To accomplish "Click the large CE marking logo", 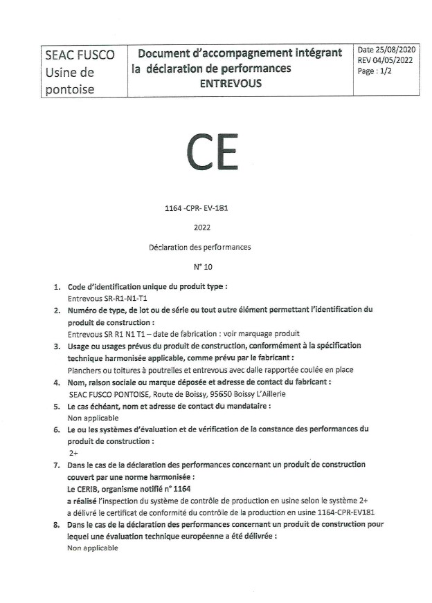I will click(x=213, y=154).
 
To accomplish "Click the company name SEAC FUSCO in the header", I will click(x=80, y=55).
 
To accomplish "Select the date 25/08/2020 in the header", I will click(x=395, y=50).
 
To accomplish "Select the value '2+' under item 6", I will click(x=73, y=452).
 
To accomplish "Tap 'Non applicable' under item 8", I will click(x=93, y=548).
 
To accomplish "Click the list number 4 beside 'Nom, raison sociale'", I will click(x=56, y=381).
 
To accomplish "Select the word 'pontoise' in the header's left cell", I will click(x=69, y=89).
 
